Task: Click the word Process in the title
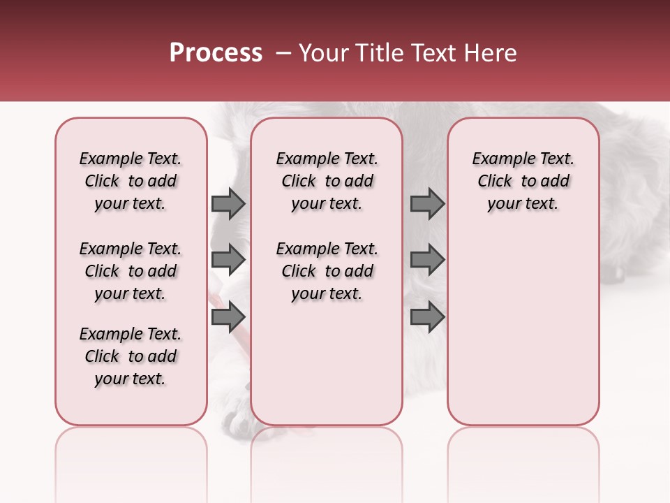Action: [216, 53]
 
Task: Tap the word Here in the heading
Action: [491, 53]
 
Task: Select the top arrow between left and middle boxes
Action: [228, 203]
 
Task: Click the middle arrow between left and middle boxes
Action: [228, 260]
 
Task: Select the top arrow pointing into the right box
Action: [427, 203]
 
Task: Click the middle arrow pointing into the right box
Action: [427, 260]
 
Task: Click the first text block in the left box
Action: [131, 181]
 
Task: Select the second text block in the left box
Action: [131, 271]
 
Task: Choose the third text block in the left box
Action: [131, 356]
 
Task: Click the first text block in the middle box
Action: [327, 181]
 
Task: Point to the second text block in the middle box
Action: [327, 271]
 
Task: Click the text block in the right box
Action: [523, 181]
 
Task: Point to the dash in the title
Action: [283, 53]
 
